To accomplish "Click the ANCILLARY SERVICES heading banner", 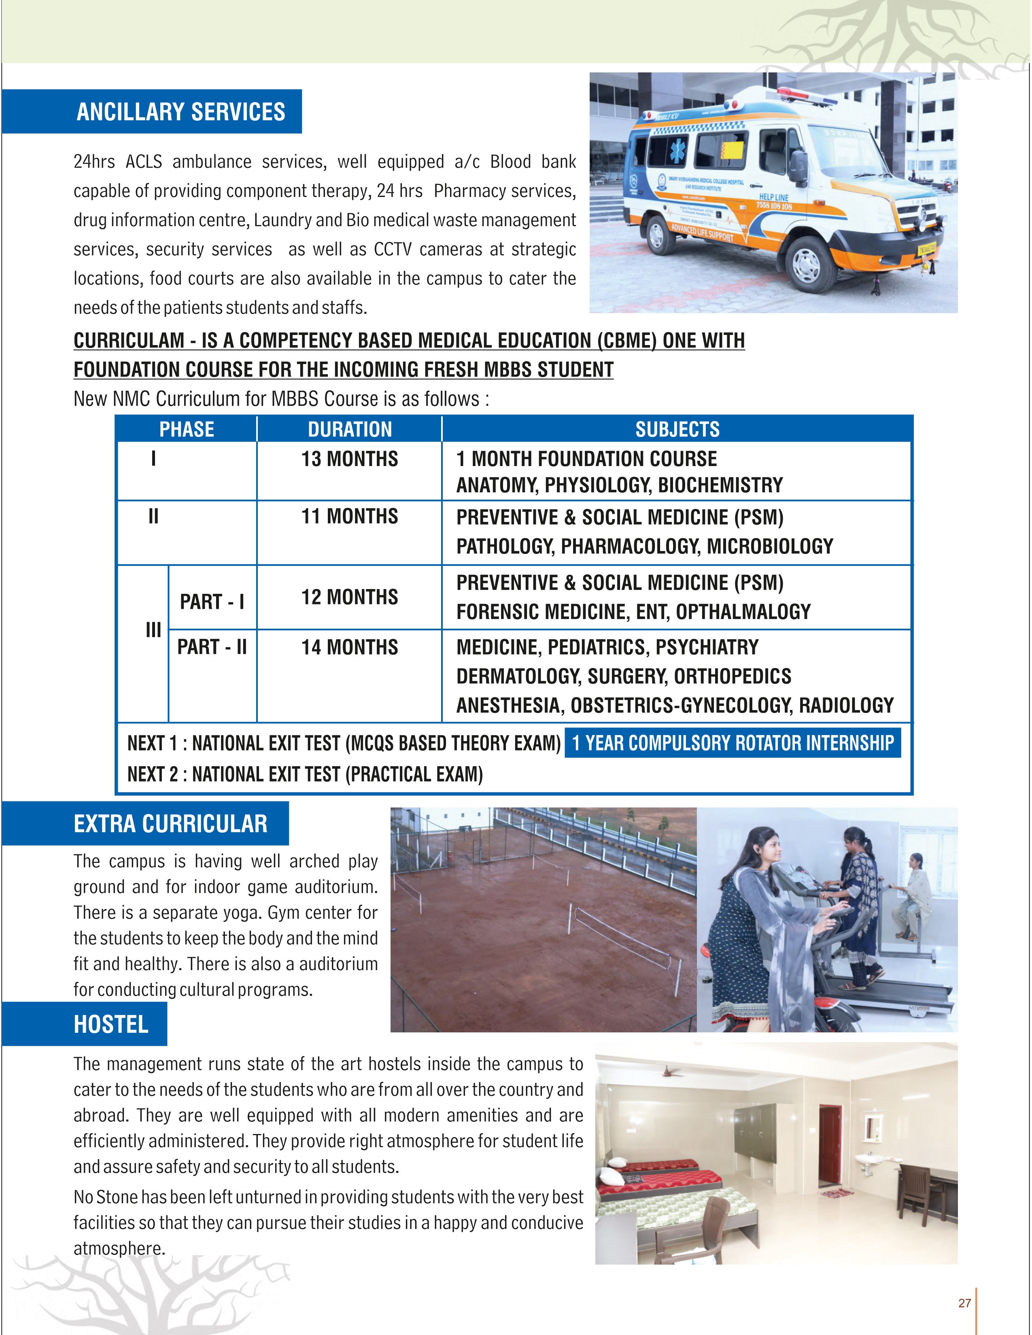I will (x=180, y=112).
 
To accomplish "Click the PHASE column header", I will (x=187, y=429).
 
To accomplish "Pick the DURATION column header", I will (x=350, y=429).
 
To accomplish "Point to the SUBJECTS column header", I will (x=677, y=429).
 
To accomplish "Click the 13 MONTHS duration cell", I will (x=350, y=459).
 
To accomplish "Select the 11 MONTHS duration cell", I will (x=350, y=517).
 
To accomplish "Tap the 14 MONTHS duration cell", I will (x=350, y=647).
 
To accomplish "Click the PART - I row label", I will (x=212, y=602).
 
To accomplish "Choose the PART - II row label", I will (x=212, y=647).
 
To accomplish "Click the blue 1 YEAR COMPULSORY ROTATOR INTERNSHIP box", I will (x=733, y=743).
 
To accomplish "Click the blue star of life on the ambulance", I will (x=678, y=150).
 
